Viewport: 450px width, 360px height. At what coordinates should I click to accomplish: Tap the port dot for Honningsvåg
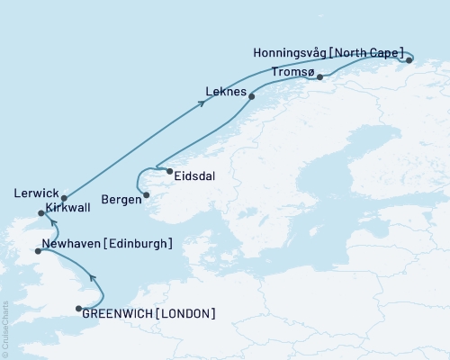point(409,60)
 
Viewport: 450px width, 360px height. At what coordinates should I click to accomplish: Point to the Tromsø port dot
point(319,77)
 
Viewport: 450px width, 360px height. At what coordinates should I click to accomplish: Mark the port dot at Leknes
point(251,96)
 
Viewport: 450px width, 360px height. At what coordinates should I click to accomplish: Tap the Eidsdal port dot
point(169,171)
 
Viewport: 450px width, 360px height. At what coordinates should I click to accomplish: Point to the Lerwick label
point(36,193)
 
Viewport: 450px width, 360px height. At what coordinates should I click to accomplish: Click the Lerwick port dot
point(64,198)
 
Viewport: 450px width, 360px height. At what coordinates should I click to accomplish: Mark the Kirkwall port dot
point(40,213)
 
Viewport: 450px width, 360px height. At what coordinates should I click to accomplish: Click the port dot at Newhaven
point(37,252)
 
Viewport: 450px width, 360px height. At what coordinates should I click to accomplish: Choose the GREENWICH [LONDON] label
point(148,313)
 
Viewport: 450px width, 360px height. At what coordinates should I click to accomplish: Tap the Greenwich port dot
point(79,310)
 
